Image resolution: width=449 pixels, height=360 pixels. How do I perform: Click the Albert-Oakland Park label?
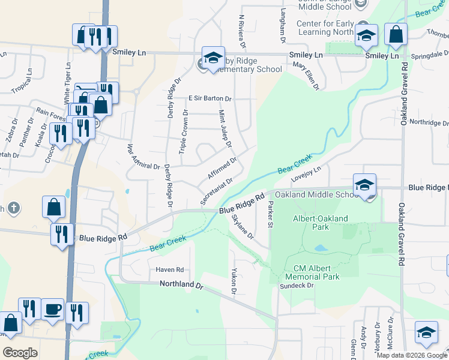320,223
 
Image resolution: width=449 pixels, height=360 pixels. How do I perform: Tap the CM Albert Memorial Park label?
317,272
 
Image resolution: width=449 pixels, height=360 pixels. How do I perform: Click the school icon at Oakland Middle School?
364,185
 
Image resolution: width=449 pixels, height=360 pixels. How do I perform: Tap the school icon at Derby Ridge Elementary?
212,58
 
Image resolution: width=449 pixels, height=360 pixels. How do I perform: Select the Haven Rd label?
170,270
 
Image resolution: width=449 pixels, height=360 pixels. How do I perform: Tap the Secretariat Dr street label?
216,191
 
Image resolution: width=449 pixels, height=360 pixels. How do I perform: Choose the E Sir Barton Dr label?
209,98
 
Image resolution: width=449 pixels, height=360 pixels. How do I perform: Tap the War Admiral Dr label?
143,157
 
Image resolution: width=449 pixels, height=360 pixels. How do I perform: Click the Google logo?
20,352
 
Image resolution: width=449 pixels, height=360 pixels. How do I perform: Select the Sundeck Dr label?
297,286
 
